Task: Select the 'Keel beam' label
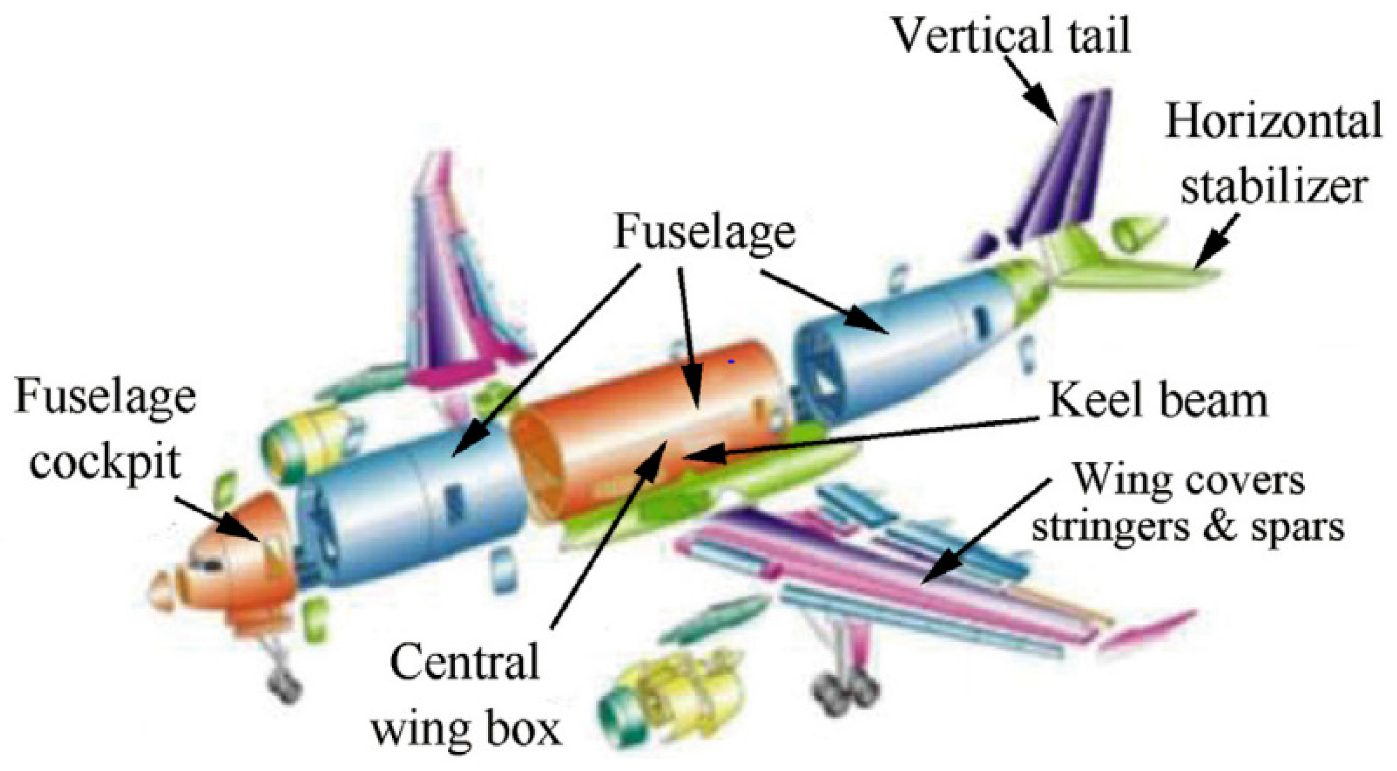(x=1159, y=402)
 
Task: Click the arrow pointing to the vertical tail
(x=1031, y=89)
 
